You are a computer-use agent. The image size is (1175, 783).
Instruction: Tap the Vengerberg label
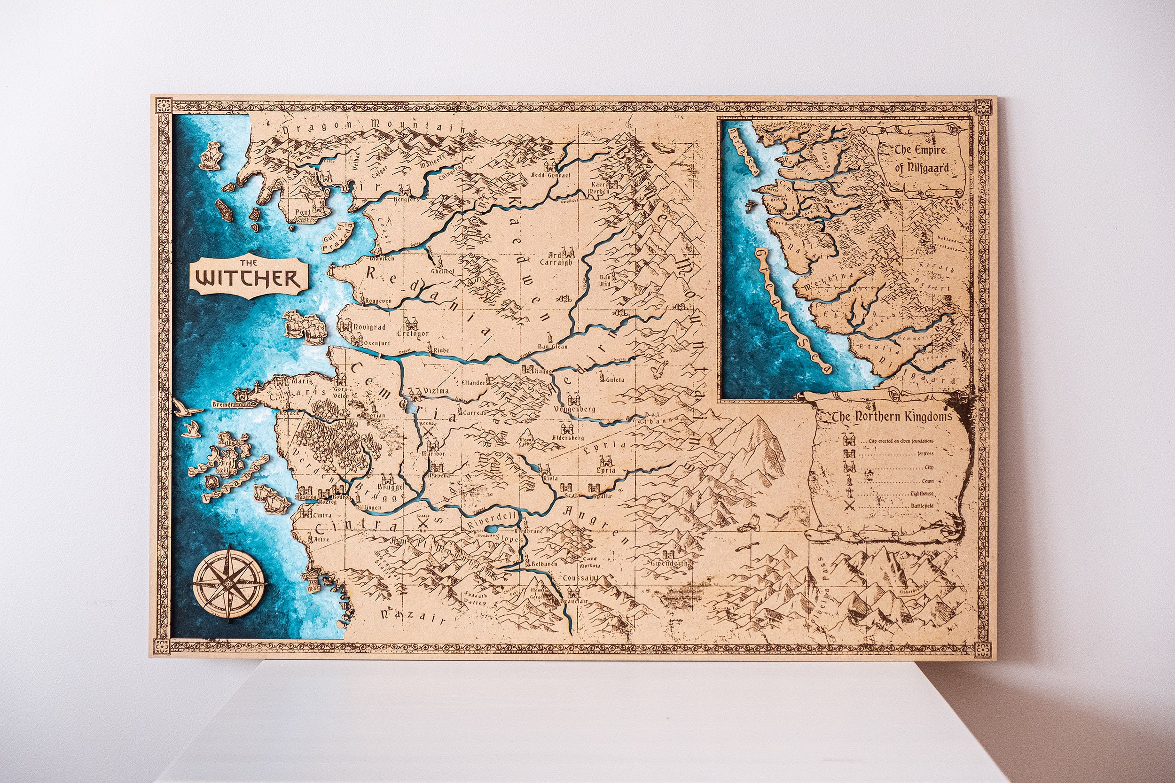click(574, 409)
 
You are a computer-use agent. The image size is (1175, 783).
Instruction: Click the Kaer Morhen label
click(598, 188)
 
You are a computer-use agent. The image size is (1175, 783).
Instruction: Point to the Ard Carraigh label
click(556, 258)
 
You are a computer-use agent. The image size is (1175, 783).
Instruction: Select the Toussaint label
click(580, 578)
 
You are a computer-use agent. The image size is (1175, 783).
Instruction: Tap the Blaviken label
click(381, 259)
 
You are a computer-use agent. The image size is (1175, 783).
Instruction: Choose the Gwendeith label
click(669, 563)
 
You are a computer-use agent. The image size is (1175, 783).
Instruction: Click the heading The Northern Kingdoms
click(891, 417)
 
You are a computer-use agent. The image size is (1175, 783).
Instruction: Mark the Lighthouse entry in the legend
click(920, 494)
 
